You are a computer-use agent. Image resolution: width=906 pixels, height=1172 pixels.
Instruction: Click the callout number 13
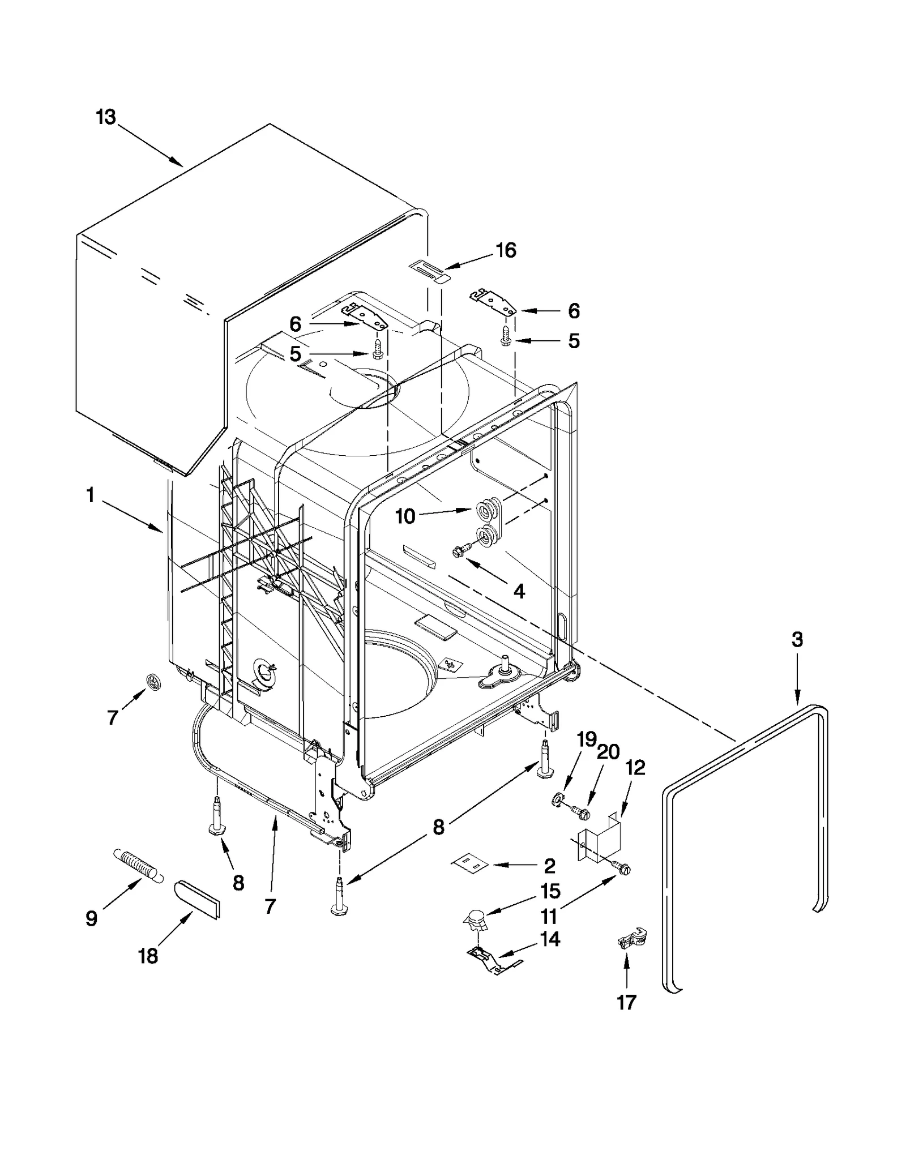106,118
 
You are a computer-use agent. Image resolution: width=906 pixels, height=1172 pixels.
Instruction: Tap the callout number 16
506,250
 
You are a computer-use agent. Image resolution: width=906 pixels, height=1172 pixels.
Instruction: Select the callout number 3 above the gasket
797,640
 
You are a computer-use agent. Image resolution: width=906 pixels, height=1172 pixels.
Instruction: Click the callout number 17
626,1003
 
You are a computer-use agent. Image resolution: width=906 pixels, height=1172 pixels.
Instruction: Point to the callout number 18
148,956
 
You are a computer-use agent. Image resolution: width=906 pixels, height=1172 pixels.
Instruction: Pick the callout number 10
405,516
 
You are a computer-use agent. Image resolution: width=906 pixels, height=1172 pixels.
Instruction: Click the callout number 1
90,495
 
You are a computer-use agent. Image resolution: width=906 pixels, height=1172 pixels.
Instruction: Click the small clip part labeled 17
631,940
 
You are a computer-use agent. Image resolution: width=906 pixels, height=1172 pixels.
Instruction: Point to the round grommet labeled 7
152,682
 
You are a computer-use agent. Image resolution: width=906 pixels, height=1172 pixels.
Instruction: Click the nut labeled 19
558,800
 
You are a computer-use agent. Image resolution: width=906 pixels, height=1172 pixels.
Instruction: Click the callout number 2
549,866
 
